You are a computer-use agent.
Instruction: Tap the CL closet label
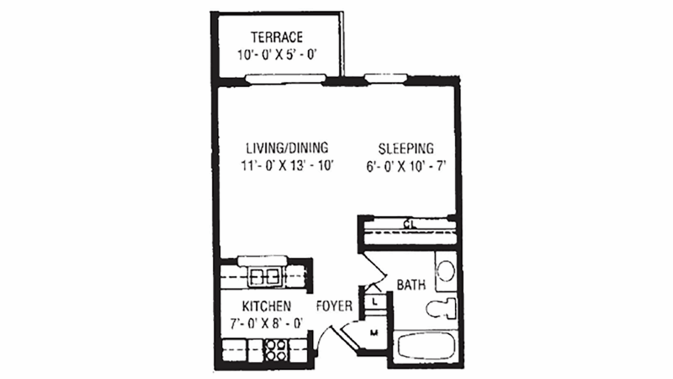(409, 224)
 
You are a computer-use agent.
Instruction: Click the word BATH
(411, 285)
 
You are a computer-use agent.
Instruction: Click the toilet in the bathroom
(442, 307)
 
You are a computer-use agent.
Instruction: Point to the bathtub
(427, 347)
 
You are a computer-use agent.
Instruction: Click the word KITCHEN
(266, 306)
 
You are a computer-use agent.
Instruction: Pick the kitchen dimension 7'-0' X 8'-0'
(266, 323)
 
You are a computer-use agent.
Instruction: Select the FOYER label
(335, 306)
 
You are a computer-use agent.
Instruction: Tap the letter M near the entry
(374, 332)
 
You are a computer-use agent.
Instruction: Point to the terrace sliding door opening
(284, 80)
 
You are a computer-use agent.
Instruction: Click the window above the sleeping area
(385, 80)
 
